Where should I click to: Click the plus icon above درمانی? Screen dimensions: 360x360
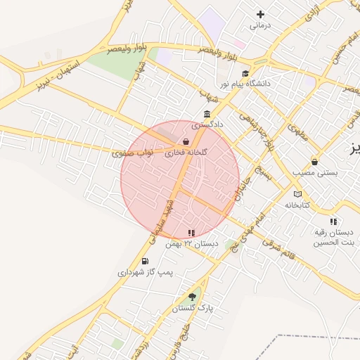point(261,14)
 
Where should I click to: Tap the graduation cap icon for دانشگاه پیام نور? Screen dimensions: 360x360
point(245,73)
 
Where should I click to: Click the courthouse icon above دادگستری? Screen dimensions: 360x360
point(207,114)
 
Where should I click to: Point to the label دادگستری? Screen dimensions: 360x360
point(209,124)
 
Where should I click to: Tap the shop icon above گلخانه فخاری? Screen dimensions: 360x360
point(185,141)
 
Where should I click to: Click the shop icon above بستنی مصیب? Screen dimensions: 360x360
point(314,162)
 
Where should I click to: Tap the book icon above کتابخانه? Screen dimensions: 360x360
point(297,194)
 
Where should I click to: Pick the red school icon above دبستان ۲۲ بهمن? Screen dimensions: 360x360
point(191,233)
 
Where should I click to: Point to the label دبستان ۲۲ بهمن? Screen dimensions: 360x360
point(191,243)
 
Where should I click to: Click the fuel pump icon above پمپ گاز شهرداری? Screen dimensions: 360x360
point(145,261)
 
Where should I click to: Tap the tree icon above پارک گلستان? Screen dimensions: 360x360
point(193,297)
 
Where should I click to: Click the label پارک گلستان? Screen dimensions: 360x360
point(192,308)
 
